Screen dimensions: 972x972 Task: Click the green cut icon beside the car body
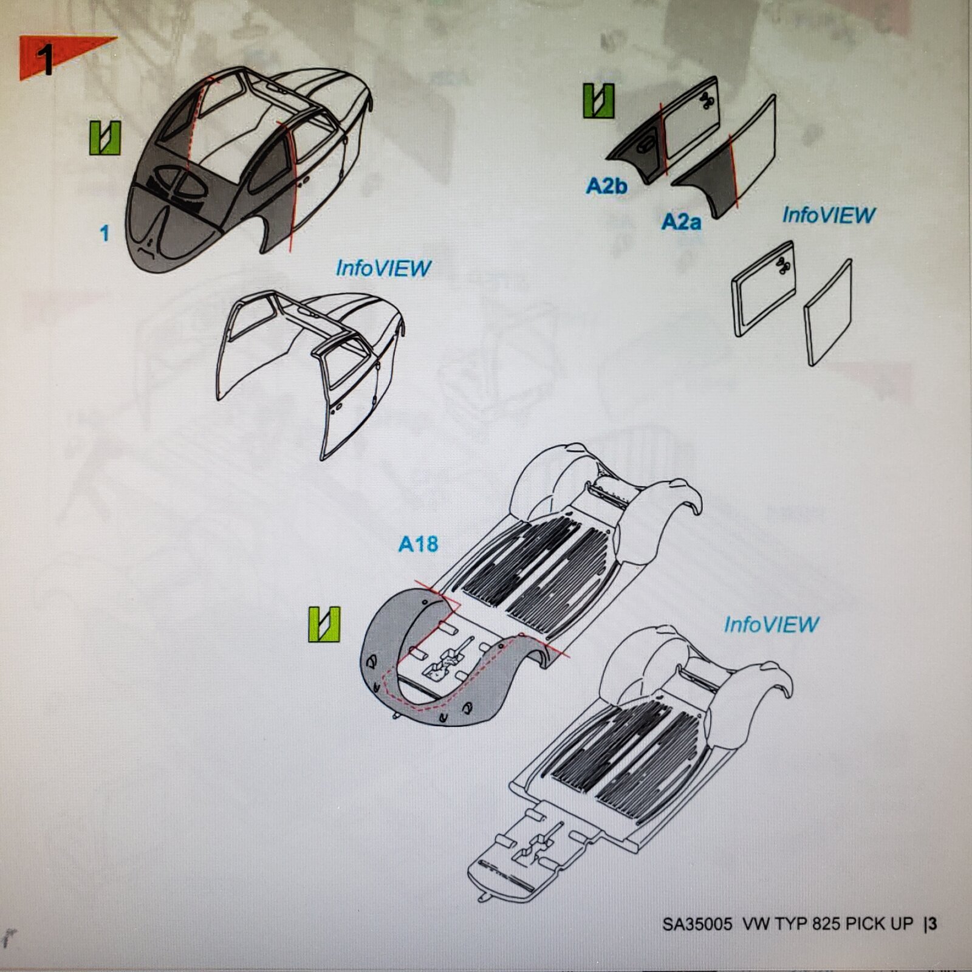(105, 138)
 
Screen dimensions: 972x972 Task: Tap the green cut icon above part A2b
(598, 100)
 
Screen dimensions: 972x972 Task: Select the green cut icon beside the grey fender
(324, 625)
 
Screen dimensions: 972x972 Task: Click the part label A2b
(606, 186)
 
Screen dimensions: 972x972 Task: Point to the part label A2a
(681, 222)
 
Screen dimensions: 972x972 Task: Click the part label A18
(418, 544)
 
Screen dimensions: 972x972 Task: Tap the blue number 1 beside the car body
(104, 233)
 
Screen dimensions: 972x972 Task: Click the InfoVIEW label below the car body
(383, 268)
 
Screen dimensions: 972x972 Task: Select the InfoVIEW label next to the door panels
(829, 214)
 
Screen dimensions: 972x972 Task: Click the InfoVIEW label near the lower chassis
(771, 625)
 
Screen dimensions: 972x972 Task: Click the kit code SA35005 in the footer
(697, 923)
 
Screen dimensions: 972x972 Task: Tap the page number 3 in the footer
(933, 923)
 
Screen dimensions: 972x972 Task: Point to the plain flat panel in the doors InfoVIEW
(828, 313)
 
